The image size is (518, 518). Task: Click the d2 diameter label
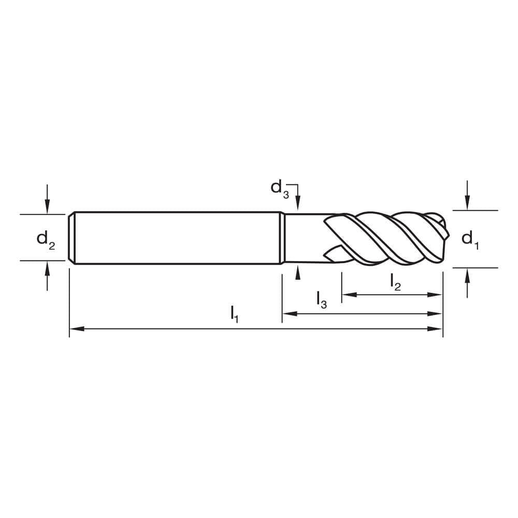coord(45,240)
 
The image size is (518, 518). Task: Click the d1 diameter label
coord(470,239)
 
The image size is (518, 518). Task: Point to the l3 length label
coord(322,299)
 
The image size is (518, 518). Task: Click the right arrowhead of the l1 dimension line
coord(438,328)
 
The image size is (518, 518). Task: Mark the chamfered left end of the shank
coord(71,238)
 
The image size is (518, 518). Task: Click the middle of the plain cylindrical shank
coord(176,238)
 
